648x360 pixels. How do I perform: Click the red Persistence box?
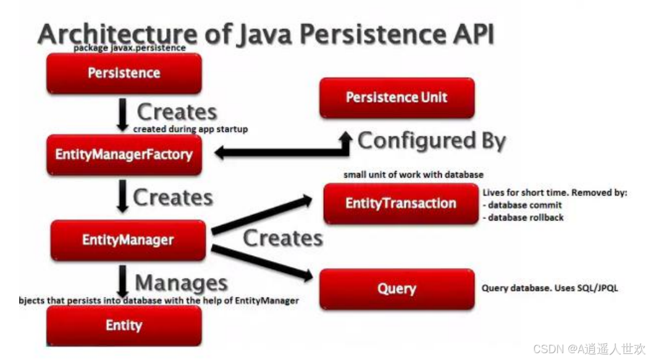pyautogui.click(x=124, y=73)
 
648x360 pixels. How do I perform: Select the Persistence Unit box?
pyautogui.click(x=397, y=98)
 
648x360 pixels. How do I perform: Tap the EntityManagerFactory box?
pyautogui.click(x=124, y=154)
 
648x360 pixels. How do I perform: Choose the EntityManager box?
pyautogui.click(x=128, y=240)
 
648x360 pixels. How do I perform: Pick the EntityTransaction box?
pyautogui.click(x=400, y=203)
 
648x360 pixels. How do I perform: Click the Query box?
pyautogui.click(x=397, y=288)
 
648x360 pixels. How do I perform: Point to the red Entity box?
pyautogui.click(x=124, y=325)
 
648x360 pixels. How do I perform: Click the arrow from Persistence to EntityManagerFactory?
pyautogui.click(x=124, y=114)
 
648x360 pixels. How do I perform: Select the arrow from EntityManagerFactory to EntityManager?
pyautogui.click(x=123, y=197)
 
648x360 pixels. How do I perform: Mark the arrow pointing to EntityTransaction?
pyautogui.click(x=259, y=215)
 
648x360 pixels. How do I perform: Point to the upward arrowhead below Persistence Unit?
pyautogui.click(x=345, y=137)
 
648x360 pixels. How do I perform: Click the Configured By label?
pyautogui.click(x=431, y=141)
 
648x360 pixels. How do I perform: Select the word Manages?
pyautogui.click(x=181, y=283)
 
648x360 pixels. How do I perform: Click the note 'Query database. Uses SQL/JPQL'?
pyautogui.click(x=549, y=288)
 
